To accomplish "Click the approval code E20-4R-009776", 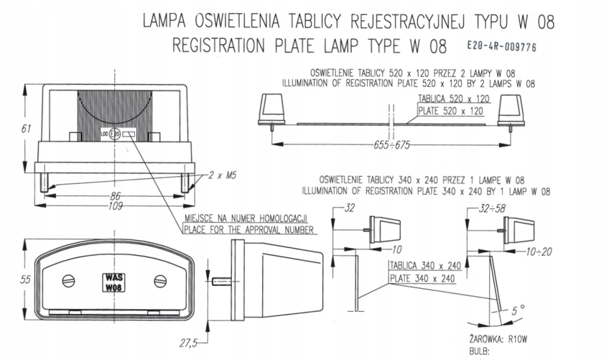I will pos(501,47).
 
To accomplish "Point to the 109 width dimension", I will pos(115,206).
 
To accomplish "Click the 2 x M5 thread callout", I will pos(223,175).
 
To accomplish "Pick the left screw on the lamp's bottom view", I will pos(68,280).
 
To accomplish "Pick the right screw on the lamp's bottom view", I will pos(159,280).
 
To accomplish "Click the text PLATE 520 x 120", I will pos(453,111).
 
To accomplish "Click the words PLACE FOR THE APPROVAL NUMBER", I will pos(248,230).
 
